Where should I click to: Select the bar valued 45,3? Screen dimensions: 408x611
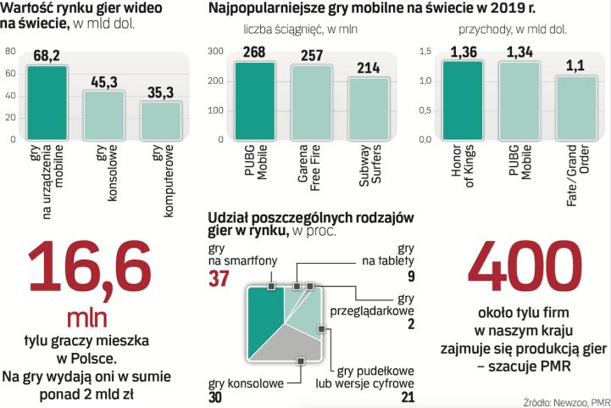pyautogui.click(x=103, y=115)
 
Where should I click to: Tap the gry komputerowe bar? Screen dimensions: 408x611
pyautogui.click(x=160, y=120)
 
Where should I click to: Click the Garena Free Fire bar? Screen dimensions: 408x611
pyautogui.click(x=312, y=103)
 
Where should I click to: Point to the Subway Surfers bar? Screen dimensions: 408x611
pyautogui.click(x=368, y=109)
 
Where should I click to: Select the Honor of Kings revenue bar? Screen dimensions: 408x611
pyautogui.click(x=463, y=100)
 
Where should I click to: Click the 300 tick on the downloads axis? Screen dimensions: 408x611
pyautogui.click(x=217, y=52)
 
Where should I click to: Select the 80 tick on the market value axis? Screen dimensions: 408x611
pyautogui.click(x=10, y=51)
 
